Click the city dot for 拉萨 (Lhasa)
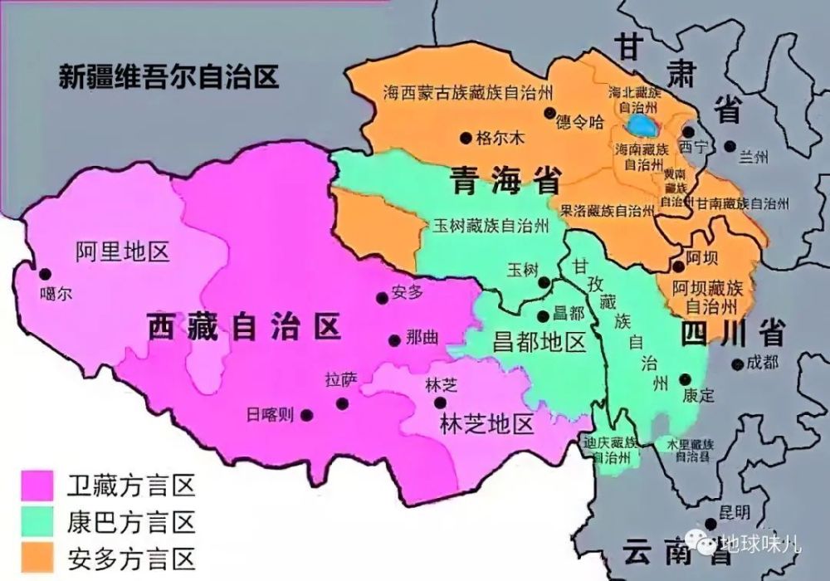pyautogui.click(x=342, y=403)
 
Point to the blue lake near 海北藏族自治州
pyautogui.click(x=640, y=126)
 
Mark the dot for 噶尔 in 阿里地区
pyautogui.click(x=44, y=273)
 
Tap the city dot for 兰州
pyautogui.click(x=730, y=146)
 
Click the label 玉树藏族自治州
pyautogui.click(x=492, y=226)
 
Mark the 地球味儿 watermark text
pyautogui.click(x=759, y=546)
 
